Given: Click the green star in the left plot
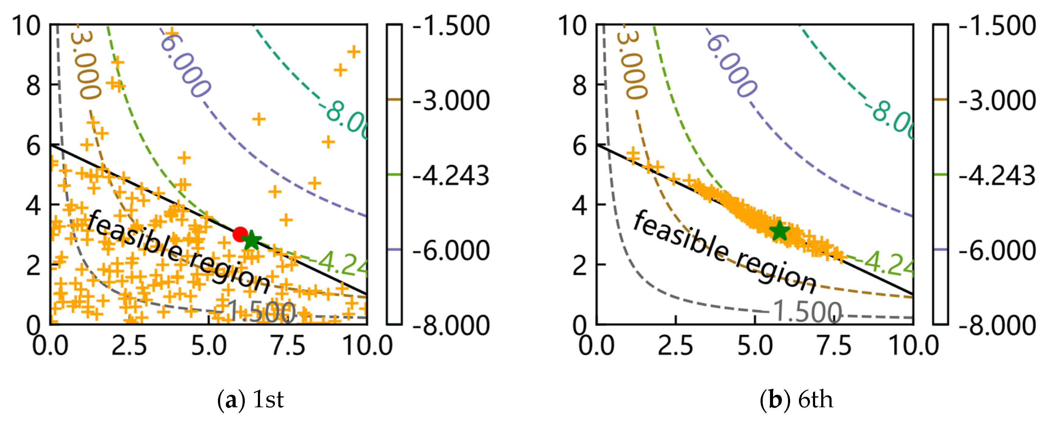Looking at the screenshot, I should pyautogui.click(x=252, y=241).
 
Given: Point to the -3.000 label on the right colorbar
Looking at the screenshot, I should pyautogui.click(x=997, y=101).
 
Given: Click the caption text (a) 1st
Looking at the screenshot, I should pyautogui.click(x=251, y=400).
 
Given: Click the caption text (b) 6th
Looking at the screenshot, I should pyautogui.click(x=797, y=400).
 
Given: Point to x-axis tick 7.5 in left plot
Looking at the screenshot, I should pyautogui.click(x=288, y=346).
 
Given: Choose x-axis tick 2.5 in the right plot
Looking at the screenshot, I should pyautogui.click(x=675, y=346).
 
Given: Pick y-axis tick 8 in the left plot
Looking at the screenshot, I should pyautogui.click(x=33, y=85).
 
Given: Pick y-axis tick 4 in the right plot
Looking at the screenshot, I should pyautogui.click(x=579, y=205).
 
